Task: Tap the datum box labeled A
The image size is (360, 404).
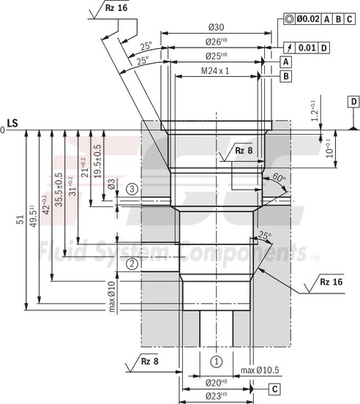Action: [x=285, y=62]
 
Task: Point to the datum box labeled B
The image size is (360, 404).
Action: [x=285, y=75]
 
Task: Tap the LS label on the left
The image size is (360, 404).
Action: [x=12, y=122]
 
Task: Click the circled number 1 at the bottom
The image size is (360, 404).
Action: [x=216, y=361]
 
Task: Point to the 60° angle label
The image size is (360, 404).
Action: [x=278, y=178]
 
